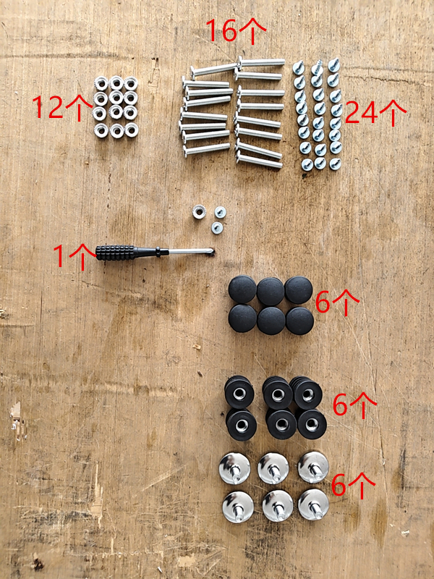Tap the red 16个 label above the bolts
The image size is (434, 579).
pyautogui.click(x=236, y=30)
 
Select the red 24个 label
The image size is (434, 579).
pyautogui.click(x=375, y=112)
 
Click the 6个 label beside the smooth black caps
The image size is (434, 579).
pyautogui.click(x=337, y=303)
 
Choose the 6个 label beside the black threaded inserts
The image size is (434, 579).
pyautogui.click(x=354, y=405)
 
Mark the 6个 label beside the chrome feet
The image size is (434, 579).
pyautogui.click(x=353, y=485)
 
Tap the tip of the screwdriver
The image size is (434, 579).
pyautogui.click(x=214, y=251)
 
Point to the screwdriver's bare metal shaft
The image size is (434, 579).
pyautogui.click(x=191, y=251)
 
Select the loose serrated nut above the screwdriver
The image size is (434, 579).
pyautogui.click(x=199, y=212)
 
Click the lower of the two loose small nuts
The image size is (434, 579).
pyautogui.click(x=217, y=227)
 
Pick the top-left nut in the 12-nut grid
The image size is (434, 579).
pyautogui.click(x=101, y=83)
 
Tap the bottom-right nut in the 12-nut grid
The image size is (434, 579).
pyautogui.click(x=132, y=130)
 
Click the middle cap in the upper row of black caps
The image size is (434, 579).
pyautogui.click(x=271, y=292)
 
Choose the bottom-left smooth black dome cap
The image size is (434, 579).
pyautogui.click(x=242, y=318)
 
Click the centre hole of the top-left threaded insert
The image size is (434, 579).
pyautogui.click(x=239, y=394)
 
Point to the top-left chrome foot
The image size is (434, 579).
pyautogui.click(x=234, y=468)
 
